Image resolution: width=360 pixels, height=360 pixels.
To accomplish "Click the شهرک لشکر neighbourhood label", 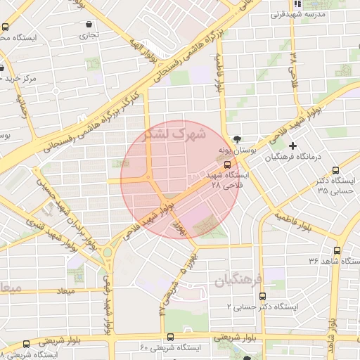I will click(x=175, y=134).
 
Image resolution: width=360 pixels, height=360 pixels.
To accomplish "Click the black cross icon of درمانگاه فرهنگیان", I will click(x=293, y=146).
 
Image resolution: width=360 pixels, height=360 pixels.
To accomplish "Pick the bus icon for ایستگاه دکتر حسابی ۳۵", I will click(x=335, y=169).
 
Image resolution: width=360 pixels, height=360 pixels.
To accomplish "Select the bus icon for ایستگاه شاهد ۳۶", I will click(x=337, y=250).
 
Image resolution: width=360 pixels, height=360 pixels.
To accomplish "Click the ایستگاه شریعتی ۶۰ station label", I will click(x=169, y=348).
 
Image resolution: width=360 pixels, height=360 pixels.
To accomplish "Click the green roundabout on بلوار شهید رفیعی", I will click(x=108, y=252).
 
